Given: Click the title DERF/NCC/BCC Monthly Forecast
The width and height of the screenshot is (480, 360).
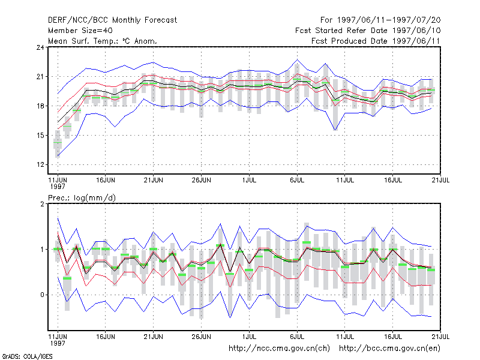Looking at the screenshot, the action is [x=112, y=20].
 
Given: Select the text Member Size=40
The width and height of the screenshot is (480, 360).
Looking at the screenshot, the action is [x=80, y=31].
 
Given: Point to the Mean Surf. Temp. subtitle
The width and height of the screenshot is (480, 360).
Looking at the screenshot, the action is [x=102, y=41].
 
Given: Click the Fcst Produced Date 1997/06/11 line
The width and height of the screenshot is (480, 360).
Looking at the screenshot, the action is [x=376, y=41].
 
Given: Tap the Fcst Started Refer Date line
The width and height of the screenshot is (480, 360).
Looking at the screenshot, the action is [x=368, y=31].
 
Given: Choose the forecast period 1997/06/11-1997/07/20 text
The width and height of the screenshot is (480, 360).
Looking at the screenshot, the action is [x=380, y=20].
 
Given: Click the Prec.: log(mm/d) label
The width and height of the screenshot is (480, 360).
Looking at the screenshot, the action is [x=82, y=198].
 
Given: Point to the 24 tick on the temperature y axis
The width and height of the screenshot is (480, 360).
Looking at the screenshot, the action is [x=40, y=47].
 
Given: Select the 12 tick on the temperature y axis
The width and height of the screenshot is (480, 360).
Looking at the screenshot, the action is [x=40, y=164].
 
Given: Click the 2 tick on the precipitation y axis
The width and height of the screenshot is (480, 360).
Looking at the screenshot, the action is [x=42, y=204].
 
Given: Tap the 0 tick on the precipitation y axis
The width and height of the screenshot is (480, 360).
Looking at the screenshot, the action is [x=42, y=295].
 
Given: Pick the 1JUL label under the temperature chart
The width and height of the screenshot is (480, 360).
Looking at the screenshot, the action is [x=249, y=180].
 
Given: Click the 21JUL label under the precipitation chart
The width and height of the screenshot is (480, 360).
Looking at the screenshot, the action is [x=440, y=337].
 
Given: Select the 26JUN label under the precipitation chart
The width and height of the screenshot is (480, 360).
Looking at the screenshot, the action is [x=201, y=337].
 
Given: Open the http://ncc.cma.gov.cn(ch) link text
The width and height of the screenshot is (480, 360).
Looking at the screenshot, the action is [x=279, y=349].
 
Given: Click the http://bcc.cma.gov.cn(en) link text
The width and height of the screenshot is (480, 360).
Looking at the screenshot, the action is [x=389, y=349].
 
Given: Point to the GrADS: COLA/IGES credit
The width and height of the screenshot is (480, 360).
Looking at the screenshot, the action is [x=27, y=356].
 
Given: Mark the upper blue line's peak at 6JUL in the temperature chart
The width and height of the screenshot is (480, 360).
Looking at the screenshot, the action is [x=297, y=59].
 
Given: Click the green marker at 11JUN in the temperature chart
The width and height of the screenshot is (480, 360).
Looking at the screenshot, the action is [x=58, y=143].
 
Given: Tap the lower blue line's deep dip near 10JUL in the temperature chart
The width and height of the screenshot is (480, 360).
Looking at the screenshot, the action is [x=335, y=130].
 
